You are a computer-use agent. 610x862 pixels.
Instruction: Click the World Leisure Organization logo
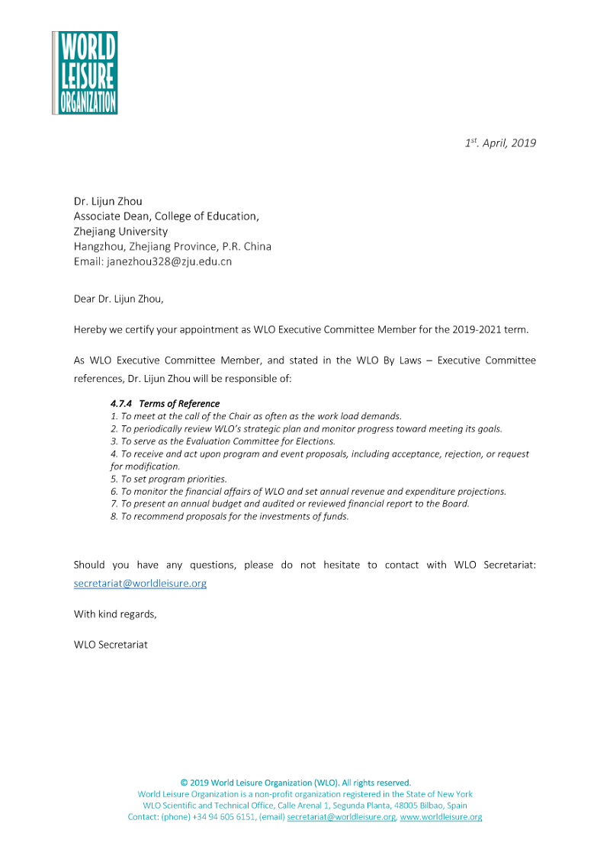tap(85, 73)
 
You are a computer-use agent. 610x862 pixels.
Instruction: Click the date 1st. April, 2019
tap(500, 143)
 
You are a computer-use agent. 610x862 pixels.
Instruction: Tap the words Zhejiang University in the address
tap(120, 231)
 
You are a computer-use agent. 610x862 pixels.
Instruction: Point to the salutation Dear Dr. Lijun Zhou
tap(118, 299)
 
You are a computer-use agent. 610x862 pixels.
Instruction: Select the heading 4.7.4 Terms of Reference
tap(165, 404)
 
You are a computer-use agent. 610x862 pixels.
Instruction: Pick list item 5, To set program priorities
tap(169, 479)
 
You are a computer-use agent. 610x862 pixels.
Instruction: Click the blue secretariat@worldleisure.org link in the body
tap(140, 584)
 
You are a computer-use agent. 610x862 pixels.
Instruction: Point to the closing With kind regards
tap(115, 614)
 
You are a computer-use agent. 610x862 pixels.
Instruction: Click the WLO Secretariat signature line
tap(111, 644)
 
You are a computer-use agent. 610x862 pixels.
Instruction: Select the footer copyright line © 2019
tap(296, 783)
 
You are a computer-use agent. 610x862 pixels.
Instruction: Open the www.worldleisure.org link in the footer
tap(441, 817)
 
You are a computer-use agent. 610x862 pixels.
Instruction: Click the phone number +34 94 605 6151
tap(224, 817)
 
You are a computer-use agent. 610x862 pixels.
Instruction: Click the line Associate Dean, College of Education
tap(166, 216)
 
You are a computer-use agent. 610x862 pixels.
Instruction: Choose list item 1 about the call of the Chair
tap(255, 416)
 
